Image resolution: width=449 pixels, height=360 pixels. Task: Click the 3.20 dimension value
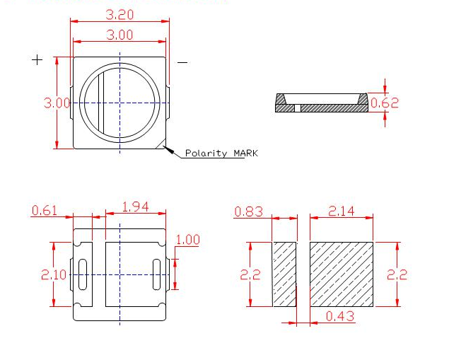coord(119,13)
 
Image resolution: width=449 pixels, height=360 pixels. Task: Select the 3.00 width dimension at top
coord(119,35)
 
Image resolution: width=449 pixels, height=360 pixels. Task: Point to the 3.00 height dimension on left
coord(57,103)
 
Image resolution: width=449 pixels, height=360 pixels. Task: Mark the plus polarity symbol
coord(37,60)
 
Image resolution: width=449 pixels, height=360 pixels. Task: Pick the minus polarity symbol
coord(182,62)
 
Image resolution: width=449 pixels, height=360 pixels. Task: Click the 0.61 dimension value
coord(44,210)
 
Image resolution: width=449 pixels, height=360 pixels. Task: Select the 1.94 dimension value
coord(136,207)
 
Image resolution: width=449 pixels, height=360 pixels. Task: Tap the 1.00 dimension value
coord(187,240)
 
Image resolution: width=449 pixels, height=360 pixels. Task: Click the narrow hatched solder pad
coord(285,274)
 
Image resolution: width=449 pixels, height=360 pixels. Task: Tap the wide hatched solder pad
coord(342,274)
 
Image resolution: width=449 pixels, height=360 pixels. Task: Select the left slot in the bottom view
coord(82,274)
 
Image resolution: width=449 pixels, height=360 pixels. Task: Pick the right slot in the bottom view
coord(156,274)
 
